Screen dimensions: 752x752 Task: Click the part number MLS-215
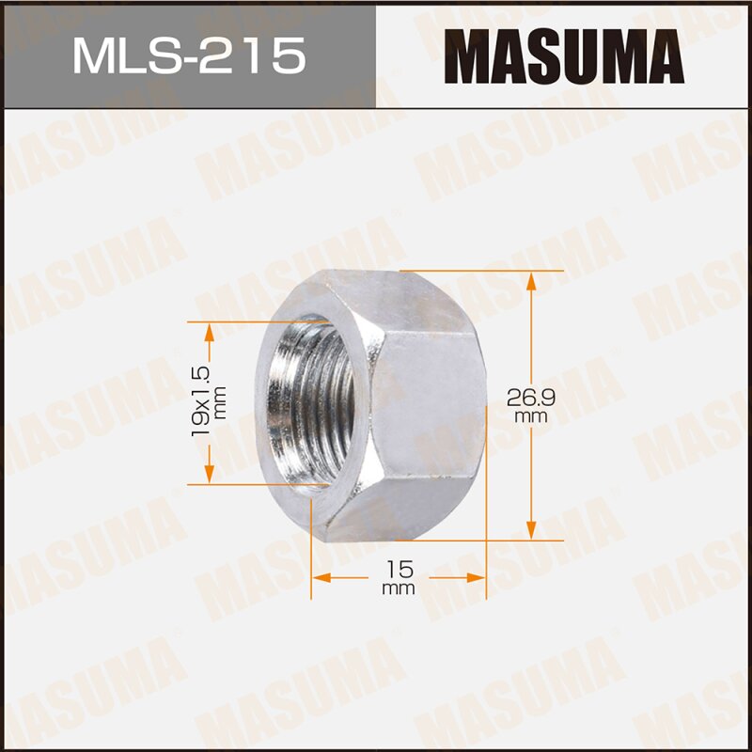pos(188,55)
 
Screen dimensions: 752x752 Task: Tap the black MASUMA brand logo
pos(564,56)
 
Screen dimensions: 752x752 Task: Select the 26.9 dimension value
pos(532,398)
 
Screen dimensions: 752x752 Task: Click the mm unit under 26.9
pos(532,415)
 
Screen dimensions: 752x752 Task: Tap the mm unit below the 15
pos(399,589)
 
